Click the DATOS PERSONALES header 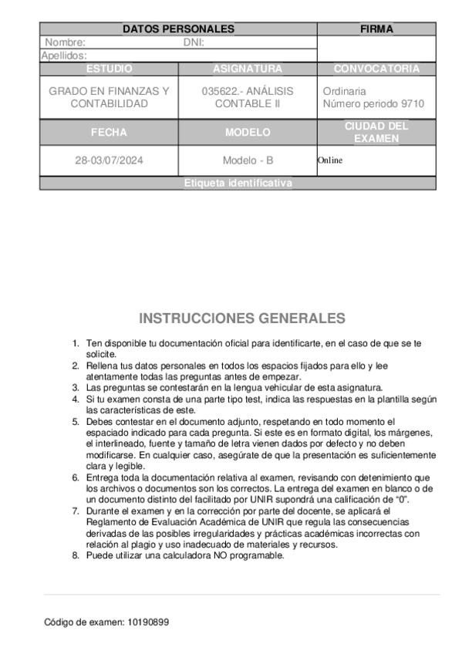[x=178, y=29]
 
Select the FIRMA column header [x=376, y=29]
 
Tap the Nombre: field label [x=65, y=42]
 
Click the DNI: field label [x=194, y=42]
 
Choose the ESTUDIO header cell [x=109, y=69]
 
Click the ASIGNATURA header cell [x=248, y=69]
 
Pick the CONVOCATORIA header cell [x=376, y=69]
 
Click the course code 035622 [x=217, y=91]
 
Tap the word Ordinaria [x=344, y=91]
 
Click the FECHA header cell [x=109, y=133]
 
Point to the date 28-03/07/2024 [x=109, y=160]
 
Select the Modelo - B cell [x=248, y=160]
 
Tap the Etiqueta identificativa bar [x=239, y=184]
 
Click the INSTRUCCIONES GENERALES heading [x=242, y=319]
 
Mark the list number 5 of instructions [x=76, y=422]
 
